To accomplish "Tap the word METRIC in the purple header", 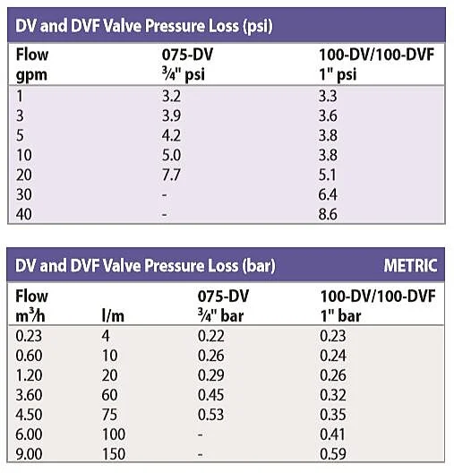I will coord(410,265).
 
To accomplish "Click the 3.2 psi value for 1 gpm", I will coord(170,95).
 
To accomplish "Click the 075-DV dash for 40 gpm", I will coord(164,216).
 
